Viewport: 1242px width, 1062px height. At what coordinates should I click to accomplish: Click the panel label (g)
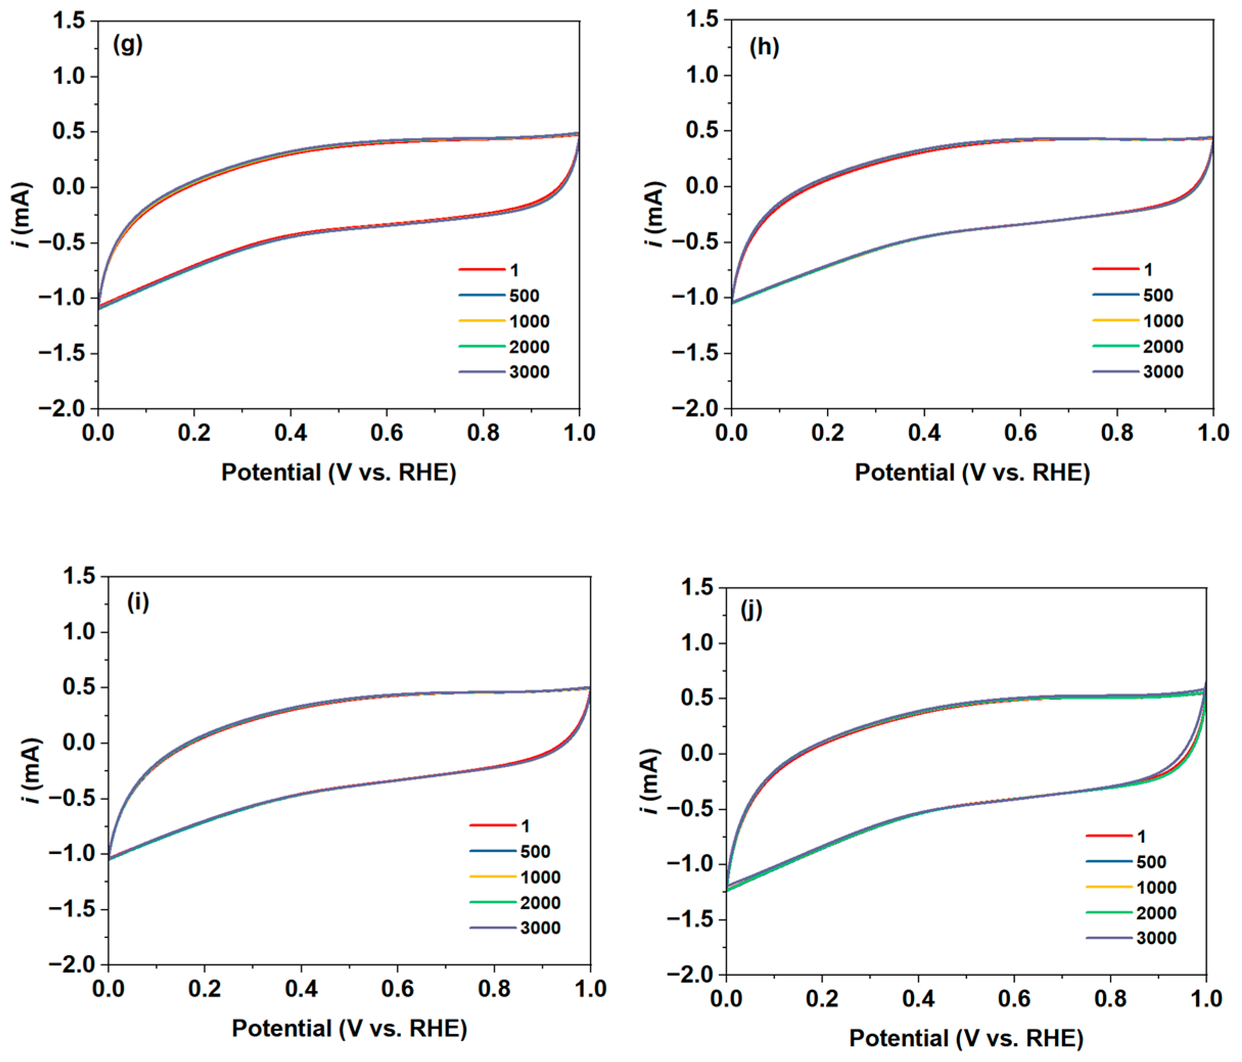point(127,44)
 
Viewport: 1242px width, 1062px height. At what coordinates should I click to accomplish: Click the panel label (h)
point(764,47)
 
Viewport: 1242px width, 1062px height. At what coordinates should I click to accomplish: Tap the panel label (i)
point(138,602)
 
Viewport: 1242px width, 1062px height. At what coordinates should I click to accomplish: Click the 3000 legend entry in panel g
point(529,372)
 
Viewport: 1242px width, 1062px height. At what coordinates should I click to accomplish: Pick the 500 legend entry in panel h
point(1158,295)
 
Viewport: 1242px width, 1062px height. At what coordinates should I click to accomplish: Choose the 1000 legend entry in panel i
point(540,878)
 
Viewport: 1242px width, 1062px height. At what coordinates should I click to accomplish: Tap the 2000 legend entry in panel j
point(1156,913)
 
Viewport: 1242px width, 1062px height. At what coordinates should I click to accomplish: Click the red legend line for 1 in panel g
point(481,270)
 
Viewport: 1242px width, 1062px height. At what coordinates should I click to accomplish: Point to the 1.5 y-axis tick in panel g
point(69,21)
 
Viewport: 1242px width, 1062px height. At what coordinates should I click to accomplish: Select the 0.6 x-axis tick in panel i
point(397,989)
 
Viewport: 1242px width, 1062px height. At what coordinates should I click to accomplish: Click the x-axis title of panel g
point(339,473)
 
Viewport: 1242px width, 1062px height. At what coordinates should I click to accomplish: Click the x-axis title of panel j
point(966,1038)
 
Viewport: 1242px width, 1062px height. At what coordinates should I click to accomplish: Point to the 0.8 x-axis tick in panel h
point(1117,432)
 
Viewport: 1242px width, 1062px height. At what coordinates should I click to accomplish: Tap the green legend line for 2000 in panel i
point(492,902)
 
